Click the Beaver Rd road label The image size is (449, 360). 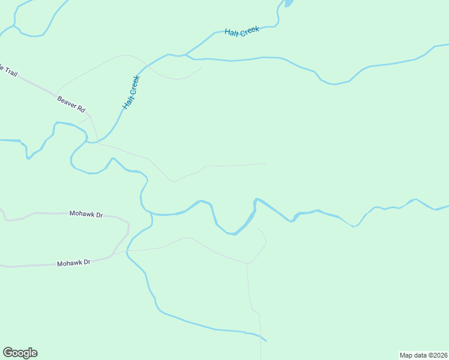pos(71,104)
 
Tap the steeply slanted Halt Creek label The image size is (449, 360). pos(131,92)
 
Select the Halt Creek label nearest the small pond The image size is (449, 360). pos(242,32)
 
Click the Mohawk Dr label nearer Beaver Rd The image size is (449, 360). pos(86,214)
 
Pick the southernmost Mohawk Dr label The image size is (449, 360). pos(73,263)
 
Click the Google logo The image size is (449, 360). pos(20,353)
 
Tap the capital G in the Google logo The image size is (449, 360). pos(7,353)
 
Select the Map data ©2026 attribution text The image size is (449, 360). pos(423,355)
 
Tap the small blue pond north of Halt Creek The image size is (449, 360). pos(288,3)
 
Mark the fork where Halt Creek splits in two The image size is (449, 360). pos(187,55)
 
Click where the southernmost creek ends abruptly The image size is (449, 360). pos(265,340)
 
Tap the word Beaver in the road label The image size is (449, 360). pos(67,101)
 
